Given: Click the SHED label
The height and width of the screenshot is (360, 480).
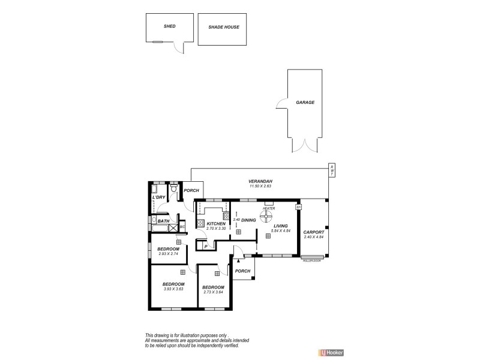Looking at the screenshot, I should click(x=170, y=27).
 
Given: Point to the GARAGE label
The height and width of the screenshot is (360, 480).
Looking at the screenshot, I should click(x=305, y=102).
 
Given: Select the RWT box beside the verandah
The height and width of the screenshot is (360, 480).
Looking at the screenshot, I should click(x=331, y=170).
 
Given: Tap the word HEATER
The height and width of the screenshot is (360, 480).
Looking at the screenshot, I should click(x=269, y=208).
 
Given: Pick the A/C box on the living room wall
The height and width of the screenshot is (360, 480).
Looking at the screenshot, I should click(x=298, y=206).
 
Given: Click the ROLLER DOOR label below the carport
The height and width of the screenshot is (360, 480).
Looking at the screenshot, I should click(x=312, y=261).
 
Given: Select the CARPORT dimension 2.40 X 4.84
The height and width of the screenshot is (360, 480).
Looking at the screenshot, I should click(x=313, y=238).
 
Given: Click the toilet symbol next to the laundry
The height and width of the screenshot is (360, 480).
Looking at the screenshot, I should click(x=173, y=190).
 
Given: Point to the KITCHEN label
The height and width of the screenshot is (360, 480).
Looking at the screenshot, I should click(x=215, y=224).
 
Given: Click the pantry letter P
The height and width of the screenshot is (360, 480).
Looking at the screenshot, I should click(x=206, y=246).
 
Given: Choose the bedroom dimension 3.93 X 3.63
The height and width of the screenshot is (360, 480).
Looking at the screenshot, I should click(x=173, y=289).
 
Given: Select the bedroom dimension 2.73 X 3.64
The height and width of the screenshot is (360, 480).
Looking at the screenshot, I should click(x=213, y=292).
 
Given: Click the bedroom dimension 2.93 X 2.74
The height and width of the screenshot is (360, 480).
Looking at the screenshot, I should click(x=169, y=254).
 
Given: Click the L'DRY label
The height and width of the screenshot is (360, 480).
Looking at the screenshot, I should click(x=158, y=197).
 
